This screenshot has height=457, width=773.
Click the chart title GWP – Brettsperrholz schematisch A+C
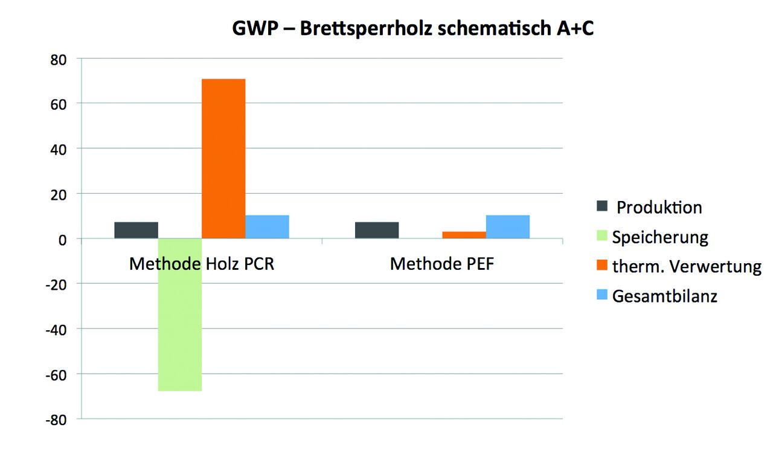413,29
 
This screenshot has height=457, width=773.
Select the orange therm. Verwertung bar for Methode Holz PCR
223,158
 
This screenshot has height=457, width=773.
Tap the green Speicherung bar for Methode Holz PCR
179,315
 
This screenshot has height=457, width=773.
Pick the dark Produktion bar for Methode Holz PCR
136,230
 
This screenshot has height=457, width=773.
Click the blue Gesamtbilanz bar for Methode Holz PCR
267,226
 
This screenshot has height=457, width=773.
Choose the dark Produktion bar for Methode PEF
377,230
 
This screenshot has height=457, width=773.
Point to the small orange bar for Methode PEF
464,235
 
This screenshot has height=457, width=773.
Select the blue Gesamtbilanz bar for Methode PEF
507,226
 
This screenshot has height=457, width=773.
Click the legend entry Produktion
659,208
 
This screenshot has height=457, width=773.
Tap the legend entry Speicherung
659,237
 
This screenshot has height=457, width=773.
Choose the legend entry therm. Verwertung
687,267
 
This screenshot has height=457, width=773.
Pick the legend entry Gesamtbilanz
664,296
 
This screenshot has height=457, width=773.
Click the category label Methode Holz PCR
202,264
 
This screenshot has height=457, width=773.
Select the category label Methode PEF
442,264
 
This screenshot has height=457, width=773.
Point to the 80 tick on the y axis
58,59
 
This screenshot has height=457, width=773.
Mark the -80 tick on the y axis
56,419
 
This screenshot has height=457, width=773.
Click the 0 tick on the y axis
62,239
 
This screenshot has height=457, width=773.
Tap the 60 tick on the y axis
58,104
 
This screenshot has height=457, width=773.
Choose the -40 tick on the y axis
56,329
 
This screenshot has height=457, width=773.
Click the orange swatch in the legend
602,266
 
